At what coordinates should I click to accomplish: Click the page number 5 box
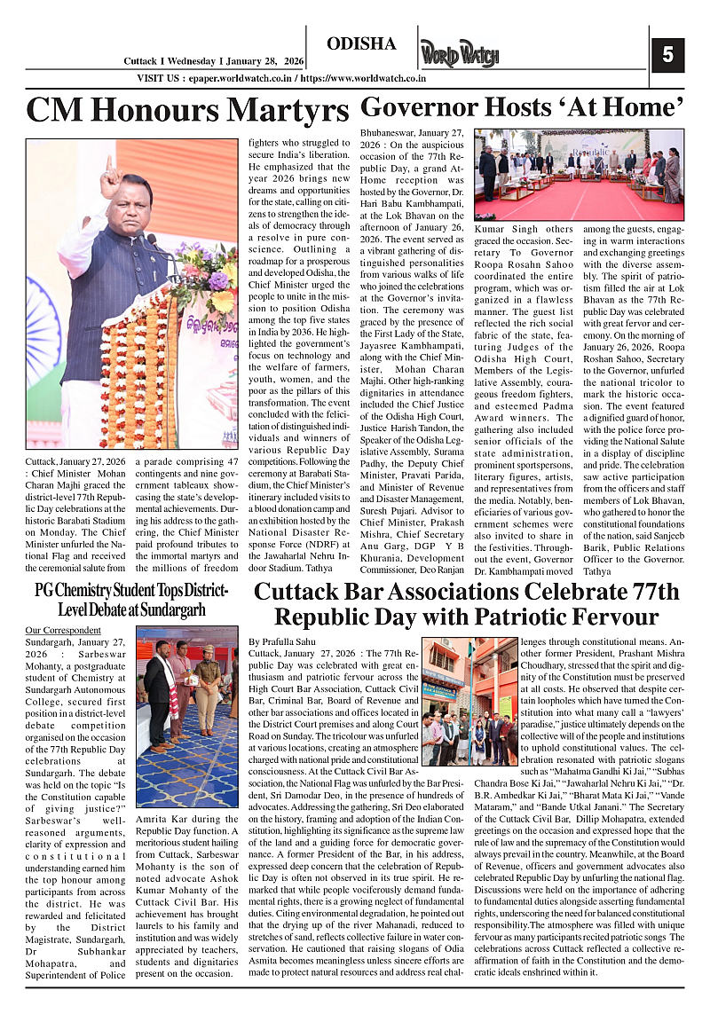point(667,55)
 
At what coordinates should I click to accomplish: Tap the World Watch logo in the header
point(460,55)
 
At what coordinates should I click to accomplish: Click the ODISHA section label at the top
point(361,44)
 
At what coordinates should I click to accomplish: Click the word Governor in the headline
point(417,108)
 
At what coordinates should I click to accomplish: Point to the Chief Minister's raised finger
point(108,166)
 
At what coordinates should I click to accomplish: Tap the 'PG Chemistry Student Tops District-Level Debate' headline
point(130,601)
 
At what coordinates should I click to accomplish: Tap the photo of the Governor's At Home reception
point(579,176)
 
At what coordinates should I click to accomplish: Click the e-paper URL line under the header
point(280,78)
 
